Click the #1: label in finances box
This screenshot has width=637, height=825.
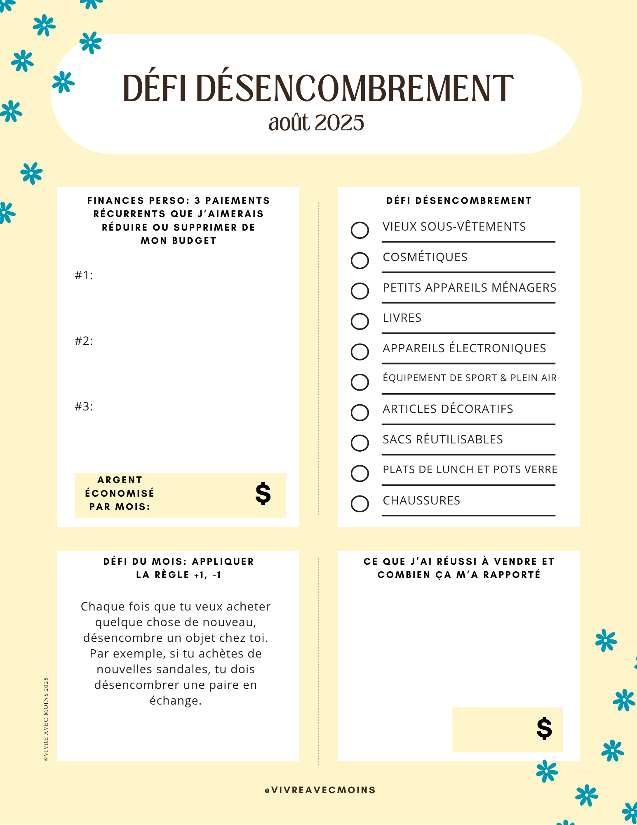pos(84,275)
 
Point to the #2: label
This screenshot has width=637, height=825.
pos(84,341)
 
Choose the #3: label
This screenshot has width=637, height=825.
pos(84,406)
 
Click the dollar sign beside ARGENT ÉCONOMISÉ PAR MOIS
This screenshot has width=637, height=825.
pos(263,494)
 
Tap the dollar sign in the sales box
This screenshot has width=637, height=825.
pos(544,728)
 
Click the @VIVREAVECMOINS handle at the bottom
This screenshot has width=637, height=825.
pos(320,790)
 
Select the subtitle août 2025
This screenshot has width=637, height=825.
pos(316,123)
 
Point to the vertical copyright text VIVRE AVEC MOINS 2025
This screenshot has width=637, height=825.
pos(46,719)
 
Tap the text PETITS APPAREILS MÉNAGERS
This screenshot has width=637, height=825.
pos(470,288)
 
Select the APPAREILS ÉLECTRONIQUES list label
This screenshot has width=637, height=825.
pos(464,348)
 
